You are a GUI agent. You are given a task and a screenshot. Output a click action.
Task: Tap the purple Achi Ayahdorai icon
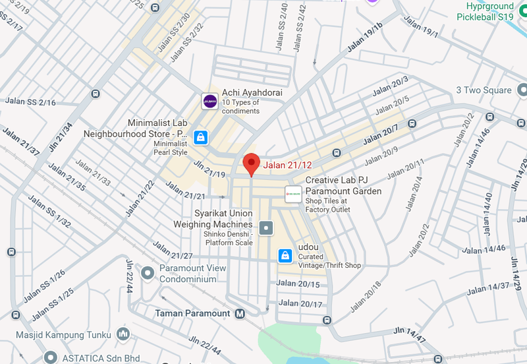coord(209,101)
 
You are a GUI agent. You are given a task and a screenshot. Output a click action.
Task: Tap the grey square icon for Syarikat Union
coord(266,229)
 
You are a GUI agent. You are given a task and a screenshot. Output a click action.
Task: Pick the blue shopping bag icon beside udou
coord(285,255)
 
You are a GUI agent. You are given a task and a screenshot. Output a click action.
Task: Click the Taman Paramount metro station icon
coord(240,313)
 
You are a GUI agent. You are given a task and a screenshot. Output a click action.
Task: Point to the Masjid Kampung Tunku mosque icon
coord(123,335)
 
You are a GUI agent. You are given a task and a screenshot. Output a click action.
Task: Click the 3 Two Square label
coord(484,90)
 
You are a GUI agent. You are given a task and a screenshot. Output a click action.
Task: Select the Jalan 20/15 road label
coord(300,284)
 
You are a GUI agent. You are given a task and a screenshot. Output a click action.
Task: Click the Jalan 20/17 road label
coord(301,304)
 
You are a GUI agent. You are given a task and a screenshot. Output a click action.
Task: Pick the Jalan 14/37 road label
coord(488,287)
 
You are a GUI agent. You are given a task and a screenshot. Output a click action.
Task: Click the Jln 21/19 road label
coord(209,168)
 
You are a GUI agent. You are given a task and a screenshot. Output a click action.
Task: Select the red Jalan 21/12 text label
coord(287,166)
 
